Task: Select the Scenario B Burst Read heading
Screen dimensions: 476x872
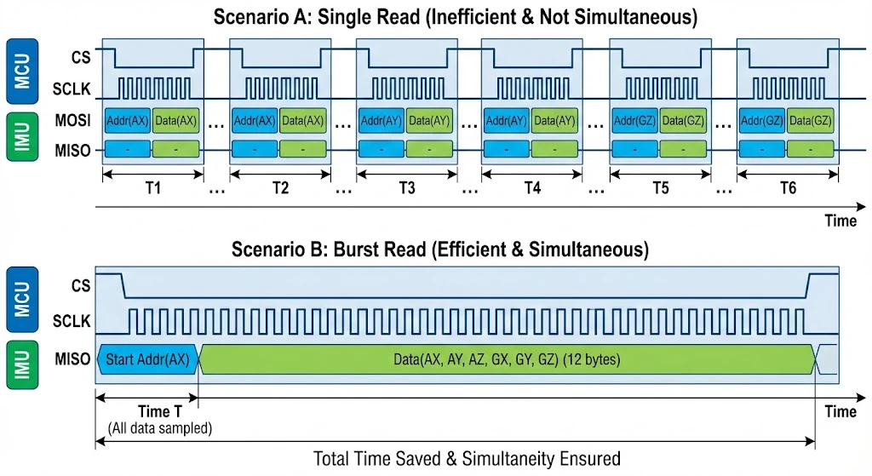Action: point(440,249)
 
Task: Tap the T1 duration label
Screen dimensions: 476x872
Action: point(153,189)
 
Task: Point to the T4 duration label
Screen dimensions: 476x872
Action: point(533,189)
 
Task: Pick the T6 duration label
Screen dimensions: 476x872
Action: point(788,189)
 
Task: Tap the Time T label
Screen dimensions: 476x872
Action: point(154,411)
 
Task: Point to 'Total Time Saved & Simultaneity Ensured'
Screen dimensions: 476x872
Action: point(467,458)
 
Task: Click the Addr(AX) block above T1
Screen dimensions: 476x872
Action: point(127,121)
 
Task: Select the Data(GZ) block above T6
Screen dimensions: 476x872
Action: point(811,121)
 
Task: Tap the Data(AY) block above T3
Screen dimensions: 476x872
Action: point(430,121)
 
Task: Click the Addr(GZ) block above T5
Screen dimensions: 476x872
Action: point(634,121)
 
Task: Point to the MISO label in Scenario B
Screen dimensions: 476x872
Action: point(73,358)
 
